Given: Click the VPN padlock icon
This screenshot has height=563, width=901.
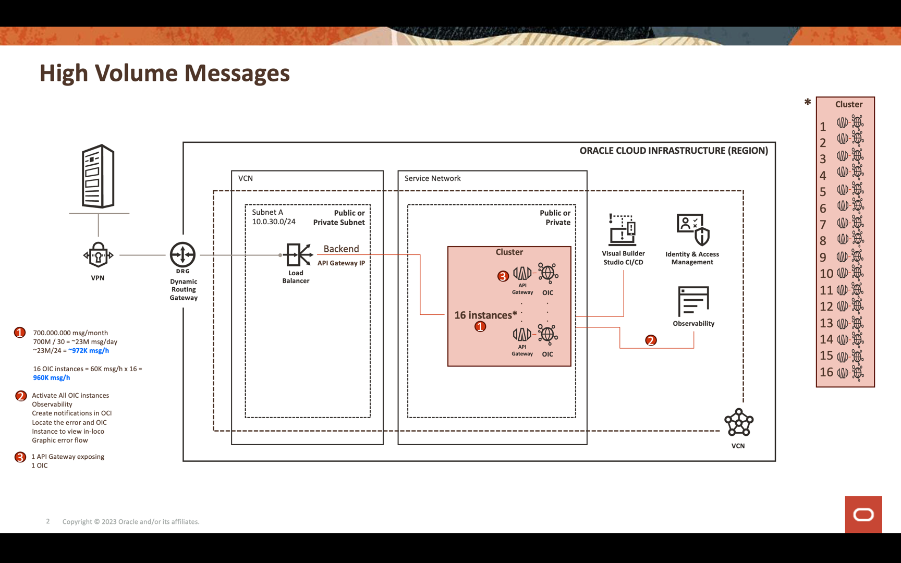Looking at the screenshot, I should [x=98, y=255].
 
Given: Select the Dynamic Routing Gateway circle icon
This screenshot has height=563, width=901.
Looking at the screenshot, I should [x=182, y=254].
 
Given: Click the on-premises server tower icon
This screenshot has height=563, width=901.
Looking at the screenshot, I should [x=98, y=176].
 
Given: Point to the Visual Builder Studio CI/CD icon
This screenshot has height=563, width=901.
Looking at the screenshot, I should [x=623, y=229].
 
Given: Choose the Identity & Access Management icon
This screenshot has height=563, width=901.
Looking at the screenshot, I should [x=693, y=229].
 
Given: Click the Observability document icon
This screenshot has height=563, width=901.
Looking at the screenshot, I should [x=693, y=301].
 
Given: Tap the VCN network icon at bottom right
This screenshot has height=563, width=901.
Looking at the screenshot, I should [x=738, y=423].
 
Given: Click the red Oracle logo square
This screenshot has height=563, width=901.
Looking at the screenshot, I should [x=863, y=515].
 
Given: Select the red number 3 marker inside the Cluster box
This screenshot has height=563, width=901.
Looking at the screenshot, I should [x=503, y=276].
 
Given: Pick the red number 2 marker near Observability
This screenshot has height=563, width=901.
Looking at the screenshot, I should [x=651, y=340].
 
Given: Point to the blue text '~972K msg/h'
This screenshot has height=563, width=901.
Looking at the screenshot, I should [x=89, y=351].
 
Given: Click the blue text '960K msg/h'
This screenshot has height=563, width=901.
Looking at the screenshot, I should [x=52, y=378].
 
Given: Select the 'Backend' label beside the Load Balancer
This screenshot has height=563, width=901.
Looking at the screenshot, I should [x=341, y=249].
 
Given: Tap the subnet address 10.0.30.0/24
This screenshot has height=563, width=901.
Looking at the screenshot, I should [x=274, y=222].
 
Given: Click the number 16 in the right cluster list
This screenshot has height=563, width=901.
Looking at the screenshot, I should [x=826, y=372].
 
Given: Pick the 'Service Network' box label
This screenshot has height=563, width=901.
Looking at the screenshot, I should [x=433, y=178].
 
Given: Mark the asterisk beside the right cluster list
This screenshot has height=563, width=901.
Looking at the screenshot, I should [x=808, y=102].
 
